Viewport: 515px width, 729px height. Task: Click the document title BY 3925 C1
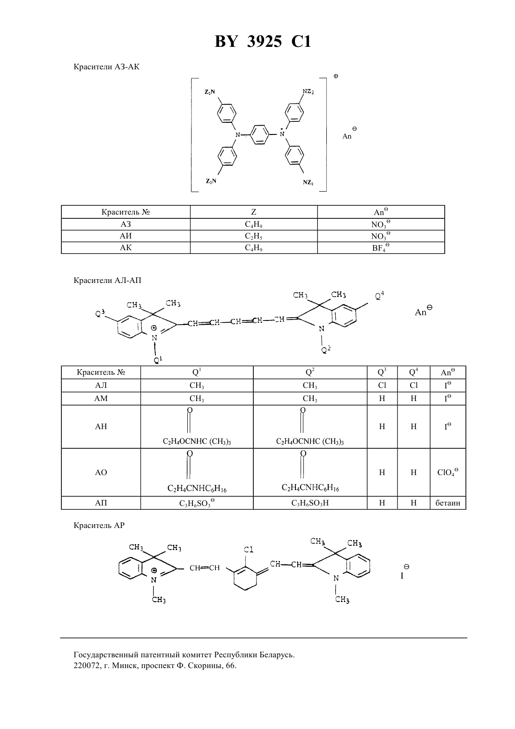263,41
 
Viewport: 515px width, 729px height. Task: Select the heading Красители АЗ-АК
106,67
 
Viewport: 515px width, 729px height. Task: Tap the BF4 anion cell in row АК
381,247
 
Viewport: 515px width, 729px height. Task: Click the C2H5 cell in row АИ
254,236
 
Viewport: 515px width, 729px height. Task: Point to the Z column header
254,212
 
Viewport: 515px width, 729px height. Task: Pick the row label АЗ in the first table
125,224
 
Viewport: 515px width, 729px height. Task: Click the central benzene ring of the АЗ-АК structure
260,134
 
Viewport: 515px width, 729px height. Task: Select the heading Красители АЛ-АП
107,280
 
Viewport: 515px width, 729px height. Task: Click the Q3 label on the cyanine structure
100,313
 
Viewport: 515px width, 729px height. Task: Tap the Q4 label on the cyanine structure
379,296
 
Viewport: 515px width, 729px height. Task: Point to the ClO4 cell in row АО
448,472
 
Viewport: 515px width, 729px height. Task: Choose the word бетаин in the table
448,503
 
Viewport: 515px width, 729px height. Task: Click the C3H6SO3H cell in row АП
310,503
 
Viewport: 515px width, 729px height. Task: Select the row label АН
101,426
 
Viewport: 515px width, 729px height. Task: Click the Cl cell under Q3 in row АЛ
382,385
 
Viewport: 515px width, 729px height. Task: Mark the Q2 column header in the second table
310,372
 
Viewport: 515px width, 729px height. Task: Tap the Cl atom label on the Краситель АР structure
249,550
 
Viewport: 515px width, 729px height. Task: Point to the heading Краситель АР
99,525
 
